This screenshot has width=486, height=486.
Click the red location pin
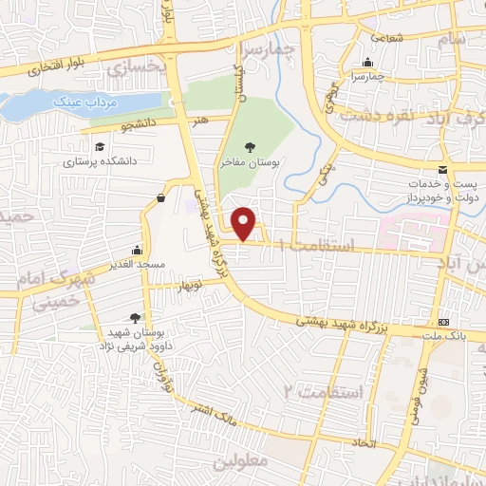coord(245,223)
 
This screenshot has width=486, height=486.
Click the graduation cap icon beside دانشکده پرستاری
coord(100,147)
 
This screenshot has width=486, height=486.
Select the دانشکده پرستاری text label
coord(100,161)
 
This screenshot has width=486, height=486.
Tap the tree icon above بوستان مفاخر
coord(249,146)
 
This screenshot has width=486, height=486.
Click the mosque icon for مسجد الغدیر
coord(138,249)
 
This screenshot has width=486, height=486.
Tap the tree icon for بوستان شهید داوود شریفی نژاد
coord(138,319)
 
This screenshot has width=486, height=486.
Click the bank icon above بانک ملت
coord(443,324)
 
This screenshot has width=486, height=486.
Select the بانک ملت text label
coord(444,338)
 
